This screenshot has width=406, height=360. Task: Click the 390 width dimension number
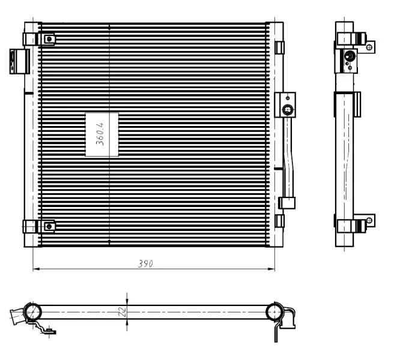[x=145, y=263]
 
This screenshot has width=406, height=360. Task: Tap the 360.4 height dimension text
[x=100, y=134]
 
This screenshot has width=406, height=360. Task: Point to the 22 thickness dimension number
[x=122, y=311]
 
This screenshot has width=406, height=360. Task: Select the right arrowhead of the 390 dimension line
[x=271, y=269]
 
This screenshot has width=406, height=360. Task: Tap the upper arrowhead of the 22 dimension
[x=127, y=302]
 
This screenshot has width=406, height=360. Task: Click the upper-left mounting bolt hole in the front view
[x=49, y=40]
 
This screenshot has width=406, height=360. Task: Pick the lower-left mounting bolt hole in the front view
[x=49, y=227]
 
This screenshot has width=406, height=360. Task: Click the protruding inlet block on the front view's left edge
[x=20, y=61]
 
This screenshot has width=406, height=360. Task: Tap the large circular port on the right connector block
[x=288, y=110]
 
